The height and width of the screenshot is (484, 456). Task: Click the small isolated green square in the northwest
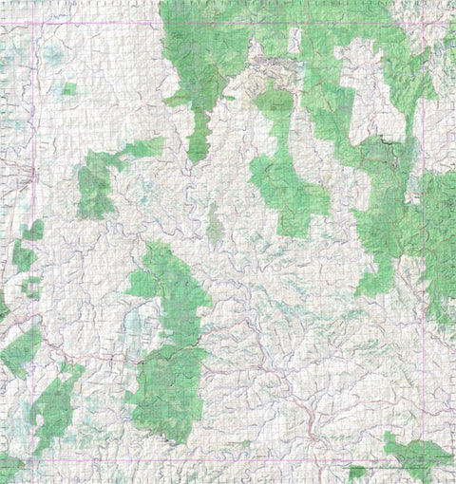click(x=69, y=89)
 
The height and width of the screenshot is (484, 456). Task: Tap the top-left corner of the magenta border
click(x=37, y=24)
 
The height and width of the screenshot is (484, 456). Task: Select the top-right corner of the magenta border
click(x=424, y=24)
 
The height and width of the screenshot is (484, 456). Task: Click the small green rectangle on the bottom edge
click(x=357, y=472)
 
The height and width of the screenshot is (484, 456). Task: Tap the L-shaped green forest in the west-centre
click(x=100, y=180)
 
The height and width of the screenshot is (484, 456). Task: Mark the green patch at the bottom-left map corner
click(x=9, y=467)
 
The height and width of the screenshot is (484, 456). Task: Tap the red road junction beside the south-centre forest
click(x=142, y=361)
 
